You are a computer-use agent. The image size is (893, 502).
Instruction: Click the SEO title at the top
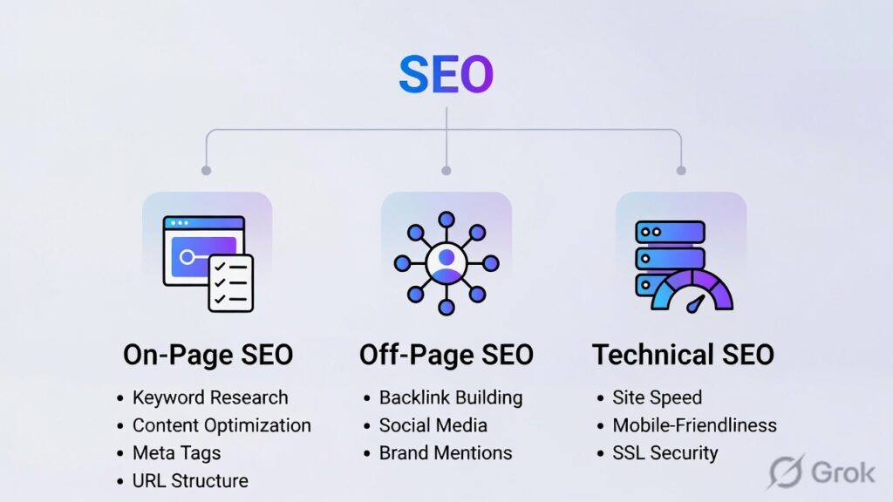click(446, 76)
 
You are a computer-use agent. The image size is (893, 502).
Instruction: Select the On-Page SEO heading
click(208, 355)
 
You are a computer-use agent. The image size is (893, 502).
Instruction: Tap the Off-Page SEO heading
click(446, 355)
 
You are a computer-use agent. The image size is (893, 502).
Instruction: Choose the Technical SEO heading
click(683, 355)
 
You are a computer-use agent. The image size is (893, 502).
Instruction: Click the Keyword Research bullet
click(209, 397)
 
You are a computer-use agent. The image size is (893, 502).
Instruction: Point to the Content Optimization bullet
click(221, 425)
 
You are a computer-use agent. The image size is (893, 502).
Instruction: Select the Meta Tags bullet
click(176, 453)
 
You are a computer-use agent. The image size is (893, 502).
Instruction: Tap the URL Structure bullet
click(190, 481)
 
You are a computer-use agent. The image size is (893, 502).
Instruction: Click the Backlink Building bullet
click(450, 397)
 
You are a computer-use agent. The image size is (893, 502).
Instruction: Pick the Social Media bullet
click(433, 425)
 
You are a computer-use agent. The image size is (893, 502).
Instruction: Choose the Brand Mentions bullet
click(445, 453)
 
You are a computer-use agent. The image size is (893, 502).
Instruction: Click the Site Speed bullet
click(657, 397)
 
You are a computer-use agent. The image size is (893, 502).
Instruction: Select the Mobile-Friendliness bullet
click(694, 425)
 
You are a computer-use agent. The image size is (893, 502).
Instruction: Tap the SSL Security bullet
click(665, 453)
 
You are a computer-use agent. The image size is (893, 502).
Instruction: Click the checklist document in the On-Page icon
click(230, 283)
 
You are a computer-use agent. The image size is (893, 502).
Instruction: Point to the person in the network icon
click(446, 261)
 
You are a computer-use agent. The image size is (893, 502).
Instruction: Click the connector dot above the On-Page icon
click(206, 170)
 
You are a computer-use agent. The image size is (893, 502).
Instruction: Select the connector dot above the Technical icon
click(681, 170)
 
